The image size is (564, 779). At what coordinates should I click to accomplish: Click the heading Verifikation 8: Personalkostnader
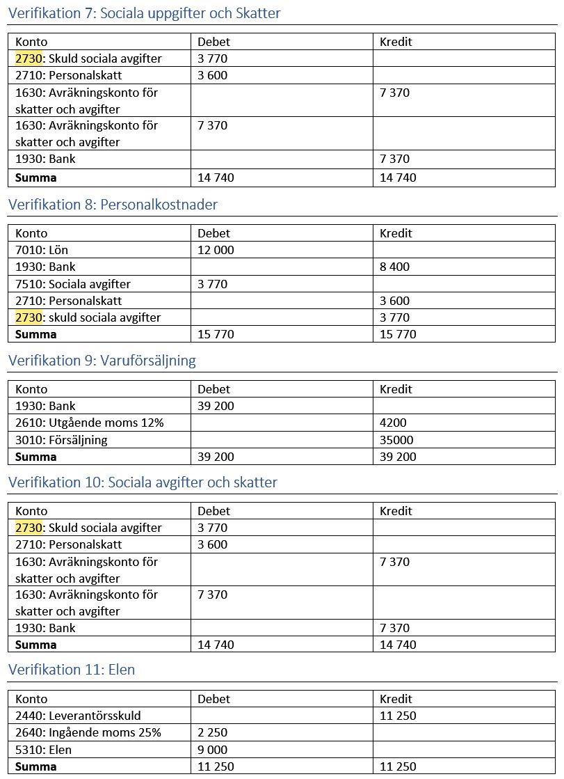tap(113, 205)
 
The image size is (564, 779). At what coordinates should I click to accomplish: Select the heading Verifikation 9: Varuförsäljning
tap(102, 361)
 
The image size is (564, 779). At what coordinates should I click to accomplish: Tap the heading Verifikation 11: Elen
tap(72, 670)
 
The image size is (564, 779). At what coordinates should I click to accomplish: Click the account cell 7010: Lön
tap(42, 250)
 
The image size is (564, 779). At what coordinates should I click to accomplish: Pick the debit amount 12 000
tap(216, 250)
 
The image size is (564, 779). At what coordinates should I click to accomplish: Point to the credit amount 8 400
tap(394, 267)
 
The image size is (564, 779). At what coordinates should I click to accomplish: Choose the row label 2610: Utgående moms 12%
tap(89, 423)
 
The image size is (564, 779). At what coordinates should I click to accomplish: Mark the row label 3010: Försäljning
tap(61, 440)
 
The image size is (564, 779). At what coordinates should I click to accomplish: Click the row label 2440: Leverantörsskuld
tap(78, 716)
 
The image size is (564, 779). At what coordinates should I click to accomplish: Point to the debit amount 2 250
tap(212, 732)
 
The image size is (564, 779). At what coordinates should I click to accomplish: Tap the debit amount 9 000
tap(212, 750)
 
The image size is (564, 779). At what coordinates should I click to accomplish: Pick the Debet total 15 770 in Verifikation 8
tap(216, 334)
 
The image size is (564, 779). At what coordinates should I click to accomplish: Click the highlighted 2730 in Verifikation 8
tap(29, 317)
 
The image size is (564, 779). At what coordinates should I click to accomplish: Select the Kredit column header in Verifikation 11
tap(396, 699)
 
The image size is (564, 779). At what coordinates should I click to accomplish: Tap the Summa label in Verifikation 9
tap(36, 457)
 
